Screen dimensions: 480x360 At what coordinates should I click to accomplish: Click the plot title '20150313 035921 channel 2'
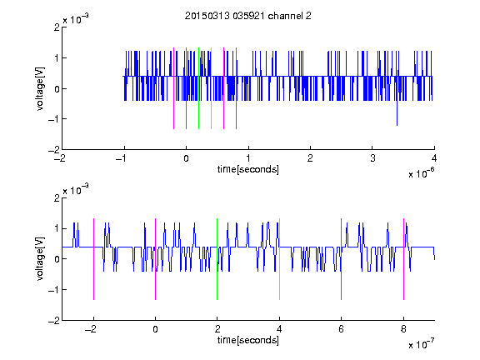tap(248, 16)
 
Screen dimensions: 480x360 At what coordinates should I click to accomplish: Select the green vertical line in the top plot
tap(198, 88)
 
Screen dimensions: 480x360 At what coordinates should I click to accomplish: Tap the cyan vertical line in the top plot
tap(211, 88)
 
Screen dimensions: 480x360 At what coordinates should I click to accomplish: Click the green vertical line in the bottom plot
tap(217, 259)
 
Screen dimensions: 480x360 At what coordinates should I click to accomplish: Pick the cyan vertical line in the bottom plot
tap(279, 259)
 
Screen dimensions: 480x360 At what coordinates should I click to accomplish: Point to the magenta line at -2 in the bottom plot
tap(93, 259)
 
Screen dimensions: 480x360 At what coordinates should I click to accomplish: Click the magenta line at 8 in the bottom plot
tap(404, 259)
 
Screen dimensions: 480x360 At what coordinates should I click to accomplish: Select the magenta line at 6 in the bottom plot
tap(342, 259)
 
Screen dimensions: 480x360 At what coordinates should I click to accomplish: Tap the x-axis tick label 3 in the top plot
tap(372, 158)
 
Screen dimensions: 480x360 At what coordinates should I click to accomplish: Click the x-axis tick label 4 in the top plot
tap(434, 158)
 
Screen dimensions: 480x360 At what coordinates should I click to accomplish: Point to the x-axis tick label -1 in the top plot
tap(122, 158)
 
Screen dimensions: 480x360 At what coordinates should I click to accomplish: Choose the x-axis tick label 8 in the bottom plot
tap(403, 329)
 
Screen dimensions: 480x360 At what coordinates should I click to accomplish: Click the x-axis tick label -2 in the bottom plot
tap(90, 329)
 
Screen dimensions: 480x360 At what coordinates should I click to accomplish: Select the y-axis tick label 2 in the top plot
tap(57, 27)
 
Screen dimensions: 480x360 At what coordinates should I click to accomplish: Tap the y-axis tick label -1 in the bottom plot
tap(54, 290)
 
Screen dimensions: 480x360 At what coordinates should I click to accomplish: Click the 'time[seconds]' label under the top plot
tap(248, 169)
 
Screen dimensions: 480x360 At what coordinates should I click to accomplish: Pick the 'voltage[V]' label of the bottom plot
tap(40, 259)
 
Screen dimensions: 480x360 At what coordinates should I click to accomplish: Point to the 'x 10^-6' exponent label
tap(422, 173)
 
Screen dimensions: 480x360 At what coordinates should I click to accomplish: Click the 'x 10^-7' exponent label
tap(422, 344)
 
